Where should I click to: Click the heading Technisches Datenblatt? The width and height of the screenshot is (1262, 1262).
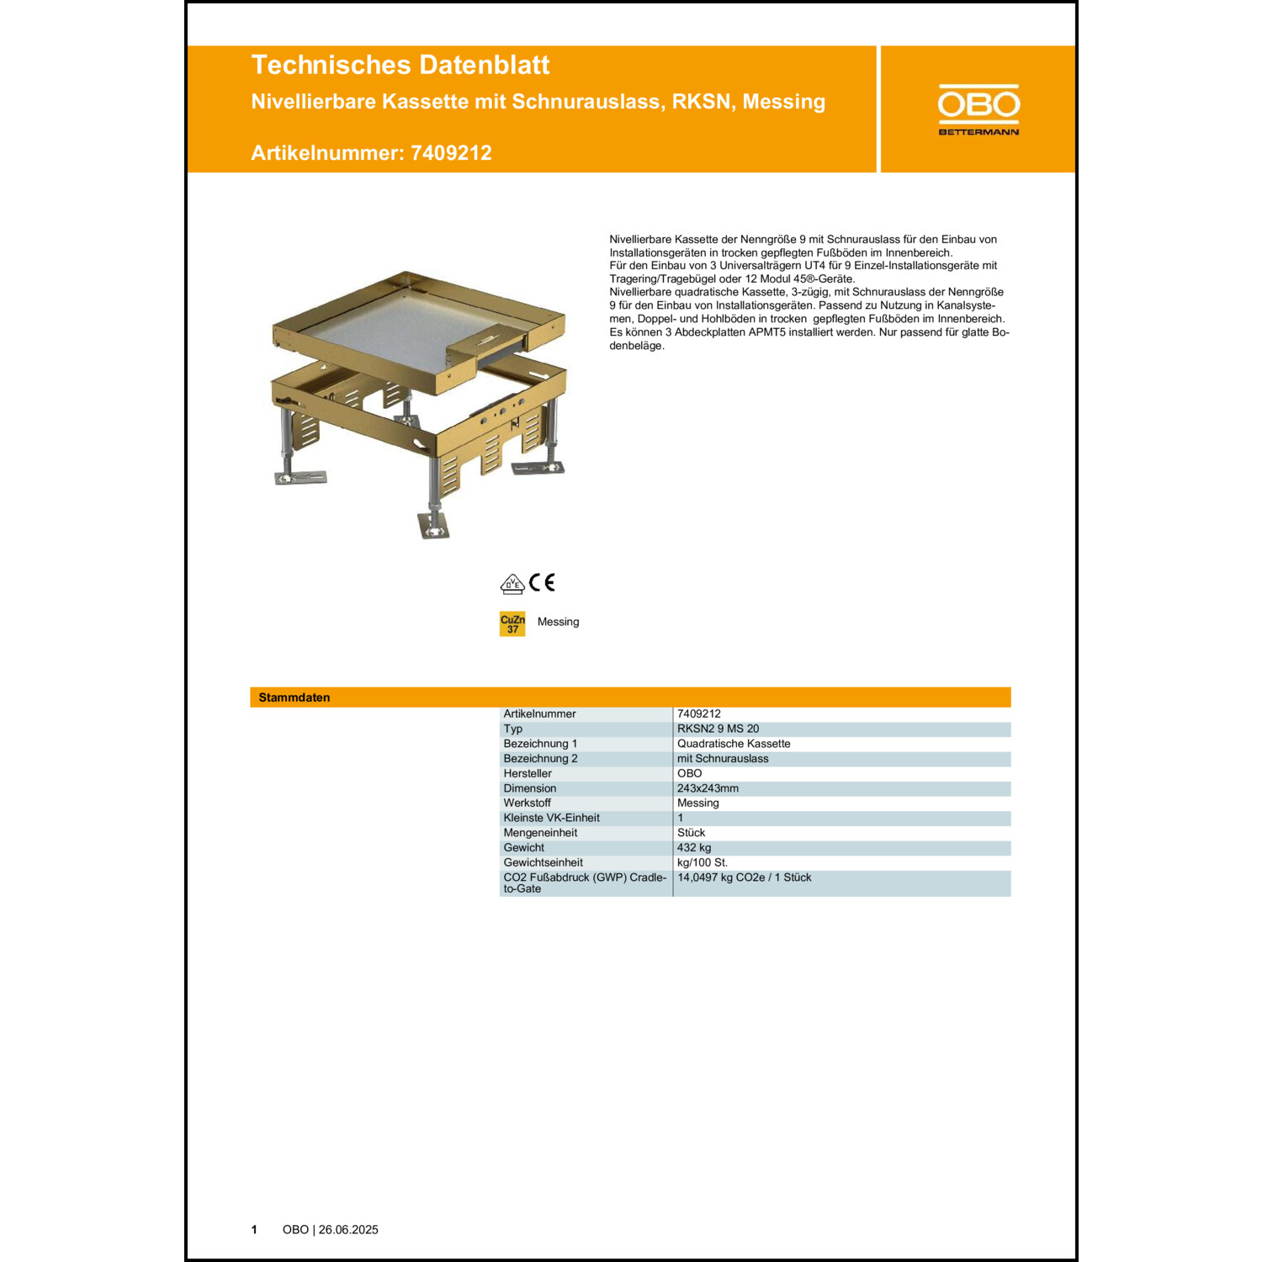tap(400, 65)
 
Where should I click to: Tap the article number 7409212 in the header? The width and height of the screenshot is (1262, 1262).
tap(451, 153)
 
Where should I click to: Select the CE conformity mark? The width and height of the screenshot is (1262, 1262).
tap(542, 582)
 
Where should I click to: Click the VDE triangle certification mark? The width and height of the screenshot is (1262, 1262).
tap(512, 584)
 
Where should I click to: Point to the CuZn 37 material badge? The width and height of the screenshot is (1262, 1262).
tap(512, 624)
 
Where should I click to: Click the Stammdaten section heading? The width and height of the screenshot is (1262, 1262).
tap(294, 697)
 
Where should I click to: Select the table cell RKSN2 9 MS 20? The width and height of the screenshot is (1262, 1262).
tap(718, 729)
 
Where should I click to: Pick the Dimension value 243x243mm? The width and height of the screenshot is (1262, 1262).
tap(708, 788)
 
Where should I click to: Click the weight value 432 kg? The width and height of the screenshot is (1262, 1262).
tap(694, 847)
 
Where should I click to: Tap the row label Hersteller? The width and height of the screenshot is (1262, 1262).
tap(528, 773)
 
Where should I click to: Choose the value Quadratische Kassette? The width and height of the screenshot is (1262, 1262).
tap(734, 744)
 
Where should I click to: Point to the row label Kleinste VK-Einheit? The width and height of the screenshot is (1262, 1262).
tap(551, 818)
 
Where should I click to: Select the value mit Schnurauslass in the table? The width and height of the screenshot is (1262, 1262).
tap(723, 759)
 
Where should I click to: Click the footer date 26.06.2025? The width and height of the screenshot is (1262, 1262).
tap(348, 1229)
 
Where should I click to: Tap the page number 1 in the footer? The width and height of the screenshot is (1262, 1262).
tap(254, 1229)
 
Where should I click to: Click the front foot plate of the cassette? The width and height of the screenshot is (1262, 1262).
tap(434, 527)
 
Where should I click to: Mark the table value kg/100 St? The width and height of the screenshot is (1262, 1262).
tap(702, 862)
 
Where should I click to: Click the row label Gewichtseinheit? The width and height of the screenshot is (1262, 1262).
tap(543, 862)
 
